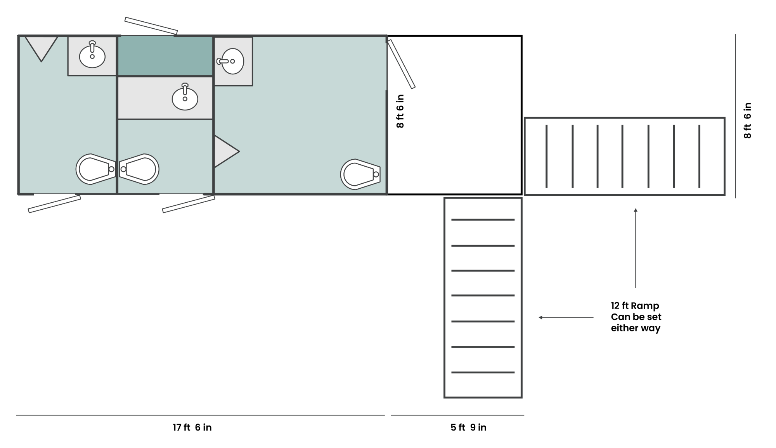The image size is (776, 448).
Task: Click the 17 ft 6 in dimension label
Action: pyautogui.click(x=192, y=427)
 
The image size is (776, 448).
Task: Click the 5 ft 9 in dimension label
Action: pyautogui.click(x=468, y=427)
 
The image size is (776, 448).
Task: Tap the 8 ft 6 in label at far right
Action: pyautogui.click(x=747, y=121)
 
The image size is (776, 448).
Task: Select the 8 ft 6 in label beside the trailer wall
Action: pyautogui.click(x=400, y=111)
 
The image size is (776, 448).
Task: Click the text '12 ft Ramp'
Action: pyautogui.click(x=635, y=306)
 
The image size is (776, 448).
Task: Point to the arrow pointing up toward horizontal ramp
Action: pyautogui.click(x=636, y=248)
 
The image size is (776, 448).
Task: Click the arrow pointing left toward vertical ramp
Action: pyautogui.click(x=566, y=317)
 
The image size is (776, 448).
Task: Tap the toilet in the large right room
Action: pyautogui.click(x=360, y=174)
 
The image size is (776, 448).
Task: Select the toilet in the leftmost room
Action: pyautogui.click(x=95, y=169)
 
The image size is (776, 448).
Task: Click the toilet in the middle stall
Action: pyautogui.click(x=139, y=169)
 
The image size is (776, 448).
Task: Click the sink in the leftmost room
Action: pyautogui.click(x=92, y=55)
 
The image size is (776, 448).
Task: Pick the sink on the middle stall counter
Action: pyautogui.click(x=185, y=98)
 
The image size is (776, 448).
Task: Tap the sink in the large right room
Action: pyautogui.click(x=232, y=61)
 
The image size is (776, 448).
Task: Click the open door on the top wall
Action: pyautogui.click(x=151, y=26)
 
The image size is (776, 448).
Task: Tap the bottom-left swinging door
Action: pyautogui.click(x=54, y=204)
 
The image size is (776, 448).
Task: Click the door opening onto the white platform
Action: pyautogui.click(x=402, y=64)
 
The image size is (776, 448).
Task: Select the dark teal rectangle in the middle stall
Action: pyautogui.click(x=165, y=56)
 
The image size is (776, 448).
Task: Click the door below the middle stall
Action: pyautogui.click(x=189, y=204)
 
